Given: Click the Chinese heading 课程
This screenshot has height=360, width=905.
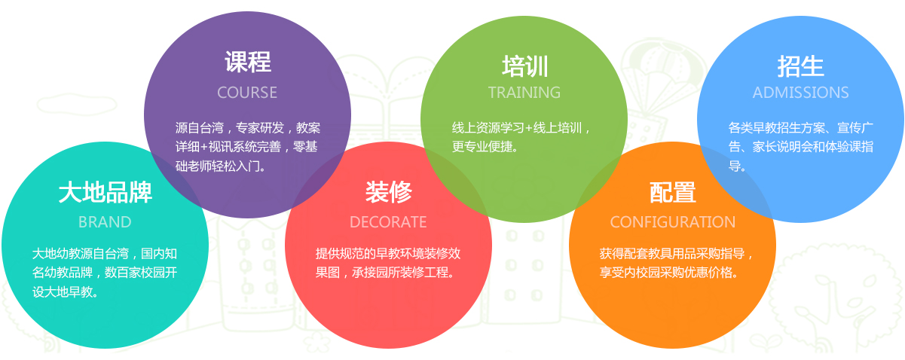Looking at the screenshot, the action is tap(248, 63).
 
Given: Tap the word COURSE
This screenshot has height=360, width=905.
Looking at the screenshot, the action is tap(247, 93).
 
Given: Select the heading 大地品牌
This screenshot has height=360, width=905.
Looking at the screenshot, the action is tap(105, 192).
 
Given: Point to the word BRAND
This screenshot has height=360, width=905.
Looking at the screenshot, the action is tap(105, 222).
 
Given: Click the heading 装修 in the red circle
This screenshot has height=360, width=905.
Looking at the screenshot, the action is tap(389, 192).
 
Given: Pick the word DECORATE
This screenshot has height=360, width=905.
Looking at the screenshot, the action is tap(388, 222).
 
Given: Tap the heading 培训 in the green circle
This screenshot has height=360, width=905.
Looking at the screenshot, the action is tap(524, 66).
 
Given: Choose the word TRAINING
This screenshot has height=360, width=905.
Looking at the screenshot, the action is tap(524, 93).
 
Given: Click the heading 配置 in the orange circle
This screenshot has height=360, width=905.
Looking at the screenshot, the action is tap(673, 193).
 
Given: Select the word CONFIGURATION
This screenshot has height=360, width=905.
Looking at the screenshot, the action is tap(673, 222).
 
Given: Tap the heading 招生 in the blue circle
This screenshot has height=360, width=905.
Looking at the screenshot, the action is tap(801, 66).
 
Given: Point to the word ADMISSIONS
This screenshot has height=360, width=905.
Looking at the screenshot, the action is tap(801, 93).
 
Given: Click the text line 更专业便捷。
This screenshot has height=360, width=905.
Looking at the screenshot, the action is tap(485, 147).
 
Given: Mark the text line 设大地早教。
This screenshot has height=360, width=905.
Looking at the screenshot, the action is tap(66, 291).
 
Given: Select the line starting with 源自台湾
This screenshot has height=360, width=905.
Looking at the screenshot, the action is tap(248, 128).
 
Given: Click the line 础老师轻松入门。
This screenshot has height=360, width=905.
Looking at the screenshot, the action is tap(221, 166).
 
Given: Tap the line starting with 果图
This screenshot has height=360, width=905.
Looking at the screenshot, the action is tap(385, 273).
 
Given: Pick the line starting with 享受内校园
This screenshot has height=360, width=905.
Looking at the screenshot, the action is tap(669, 273).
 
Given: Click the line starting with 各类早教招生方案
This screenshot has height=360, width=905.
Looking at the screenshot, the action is tap(801, 128).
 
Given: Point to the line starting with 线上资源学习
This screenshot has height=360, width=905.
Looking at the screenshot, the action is tap(521, 128).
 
